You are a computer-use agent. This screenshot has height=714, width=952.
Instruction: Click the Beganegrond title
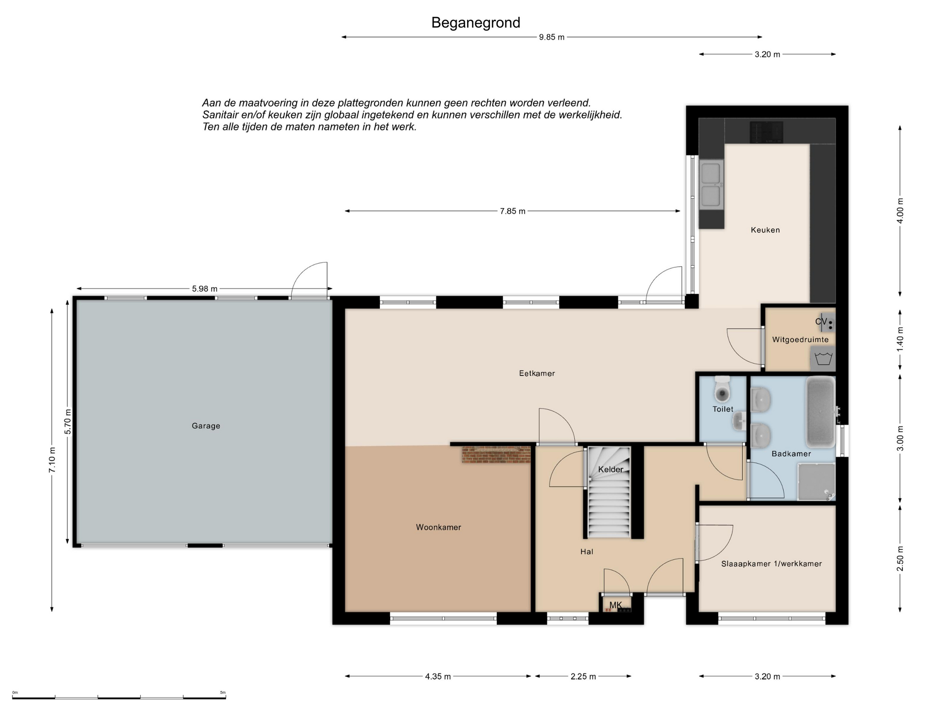point(476,23)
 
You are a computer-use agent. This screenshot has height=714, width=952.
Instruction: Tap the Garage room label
point(206,425)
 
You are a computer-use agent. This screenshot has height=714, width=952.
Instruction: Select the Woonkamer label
point(438,527)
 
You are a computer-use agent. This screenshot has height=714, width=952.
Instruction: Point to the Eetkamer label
point(537,373)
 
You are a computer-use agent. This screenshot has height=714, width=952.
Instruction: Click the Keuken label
point(765,230)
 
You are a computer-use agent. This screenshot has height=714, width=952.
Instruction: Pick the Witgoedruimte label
point(800,340)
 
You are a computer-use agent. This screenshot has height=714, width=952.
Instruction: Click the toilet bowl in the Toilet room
point(722,390)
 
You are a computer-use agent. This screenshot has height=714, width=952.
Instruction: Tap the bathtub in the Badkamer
point(821,412)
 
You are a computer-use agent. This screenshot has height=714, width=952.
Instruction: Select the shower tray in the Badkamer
point(816,481)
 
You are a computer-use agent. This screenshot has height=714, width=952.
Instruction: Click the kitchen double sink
point(711,184)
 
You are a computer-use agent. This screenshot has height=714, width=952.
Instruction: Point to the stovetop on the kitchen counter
point(766,132)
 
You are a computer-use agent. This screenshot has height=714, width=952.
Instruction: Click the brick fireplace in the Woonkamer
point(496,454)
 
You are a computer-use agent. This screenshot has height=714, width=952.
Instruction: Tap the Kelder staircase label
point(610,469)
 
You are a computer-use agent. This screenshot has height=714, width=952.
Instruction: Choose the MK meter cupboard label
point(615,605)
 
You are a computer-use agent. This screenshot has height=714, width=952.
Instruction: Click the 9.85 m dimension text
point(551,37)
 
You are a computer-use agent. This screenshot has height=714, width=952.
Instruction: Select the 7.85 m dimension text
point(512,211)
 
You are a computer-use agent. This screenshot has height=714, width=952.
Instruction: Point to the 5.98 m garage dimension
point(204,289)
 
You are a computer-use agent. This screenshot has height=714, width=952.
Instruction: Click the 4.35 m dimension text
point(438,676)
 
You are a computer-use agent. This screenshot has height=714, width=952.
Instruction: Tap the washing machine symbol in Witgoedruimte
point(823,358)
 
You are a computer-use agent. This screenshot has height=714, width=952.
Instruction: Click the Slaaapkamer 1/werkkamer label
point(772,564)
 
